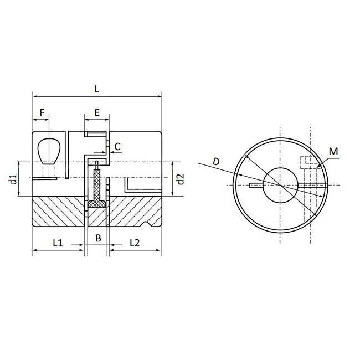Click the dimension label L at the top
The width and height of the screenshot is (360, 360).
(97, 89)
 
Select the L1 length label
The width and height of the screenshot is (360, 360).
(58, 242)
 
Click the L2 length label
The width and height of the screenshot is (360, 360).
(135, 242)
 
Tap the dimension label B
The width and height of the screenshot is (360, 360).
(97, 239)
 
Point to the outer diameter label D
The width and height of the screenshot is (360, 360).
(216, 161)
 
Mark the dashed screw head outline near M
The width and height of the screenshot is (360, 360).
(309, 163)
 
